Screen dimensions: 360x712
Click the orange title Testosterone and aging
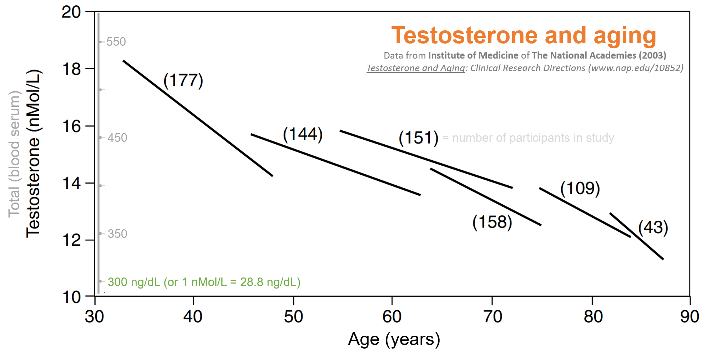click(524, 36)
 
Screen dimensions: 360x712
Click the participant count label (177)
click(183, 80)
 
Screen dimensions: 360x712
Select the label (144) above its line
click(303, 134)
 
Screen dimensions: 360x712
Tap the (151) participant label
click(418, 138)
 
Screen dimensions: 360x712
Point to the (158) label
click(492, 222)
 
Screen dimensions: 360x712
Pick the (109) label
click(580, 188)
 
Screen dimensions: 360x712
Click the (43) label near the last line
click(653, 227)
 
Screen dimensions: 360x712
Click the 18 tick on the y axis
click(71, 69)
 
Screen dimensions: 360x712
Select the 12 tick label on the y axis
click(71, 240)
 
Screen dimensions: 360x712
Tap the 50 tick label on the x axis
click(293, 316)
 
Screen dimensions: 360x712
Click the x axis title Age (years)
click(394, 340)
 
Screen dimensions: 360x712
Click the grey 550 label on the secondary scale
click(116, 42)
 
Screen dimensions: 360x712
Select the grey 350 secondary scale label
click(117, 234)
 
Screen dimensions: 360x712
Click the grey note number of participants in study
click(533, 138)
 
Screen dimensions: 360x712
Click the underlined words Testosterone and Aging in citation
click(416, 68)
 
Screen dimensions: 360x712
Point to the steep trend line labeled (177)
click(198, 118)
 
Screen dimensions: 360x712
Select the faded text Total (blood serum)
click(14, 154)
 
